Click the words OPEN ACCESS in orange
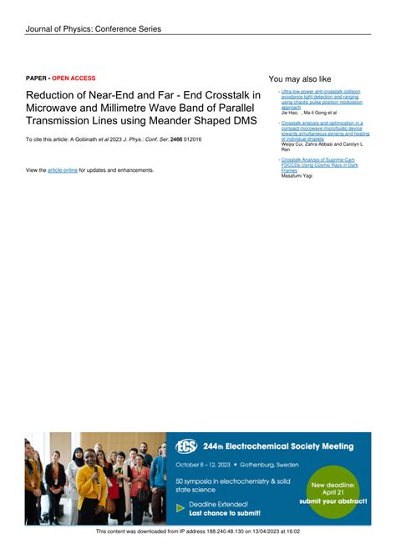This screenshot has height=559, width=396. point(74,78)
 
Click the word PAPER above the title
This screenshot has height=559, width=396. point(36,78)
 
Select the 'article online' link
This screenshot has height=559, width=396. point(63,170)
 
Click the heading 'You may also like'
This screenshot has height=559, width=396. point(300,78)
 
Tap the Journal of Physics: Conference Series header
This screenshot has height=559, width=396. point(93,29)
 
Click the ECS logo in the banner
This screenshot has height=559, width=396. point(185,446)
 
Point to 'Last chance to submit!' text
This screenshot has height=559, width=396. point(225,512)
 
